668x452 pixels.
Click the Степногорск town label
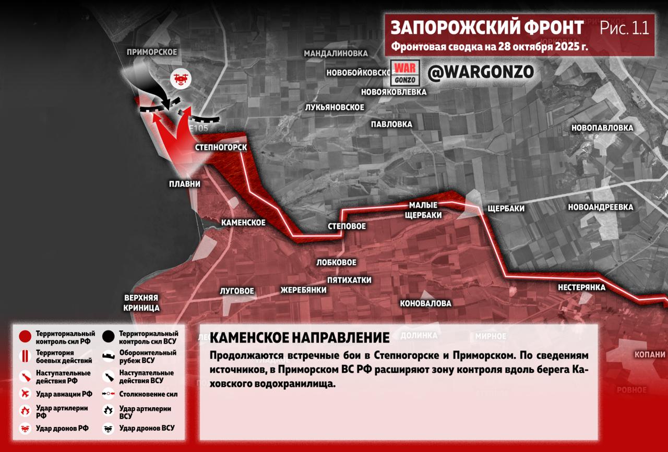click(x=221, y=148)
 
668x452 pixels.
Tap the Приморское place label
click(x=152, y=52)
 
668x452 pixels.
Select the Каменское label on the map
click(x=243, y=223)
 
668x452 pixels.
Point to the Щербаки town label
click(x=505, y=209)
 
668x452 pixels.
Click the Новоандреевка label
click(x=601, y=207)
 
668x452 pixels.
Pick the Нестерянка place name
click(x=581, y=287)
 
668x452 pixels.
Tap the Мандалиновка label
click(x=336, y=54)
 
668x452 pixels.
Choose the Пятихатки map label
click(x=349, y=280)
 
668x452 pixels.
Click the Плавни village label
click(x=184, y=184)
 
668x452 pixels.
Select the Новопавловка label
click(x=602, y=128)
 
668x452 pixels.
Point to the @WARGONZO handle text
click(x=481, y=72)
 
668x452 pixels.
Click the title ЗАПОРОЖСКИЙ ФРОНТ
click(x=487, y=28)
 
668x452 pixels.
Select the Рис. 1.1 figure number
click(x=624, y=28)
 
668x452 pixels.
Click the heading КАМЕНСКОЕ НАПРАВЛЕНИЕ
click(x=300, y=338)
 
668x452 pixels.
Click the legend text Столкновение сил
click(x=148, y=395)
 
